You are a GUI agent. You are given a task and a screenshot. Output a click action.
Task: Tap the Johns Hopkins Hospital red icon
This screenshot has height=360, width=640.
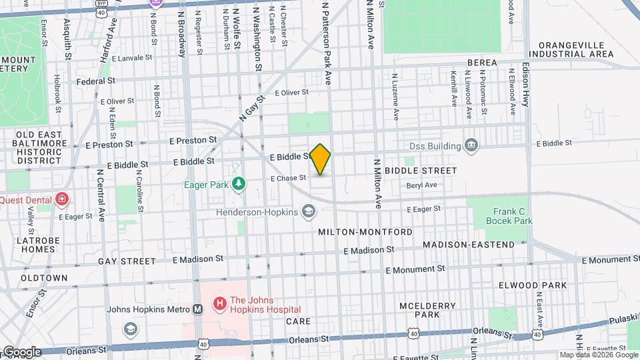tap(219, 305)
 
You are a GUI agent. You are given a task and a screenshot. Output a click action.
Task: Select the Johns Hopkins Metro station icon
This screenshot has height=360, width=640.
tap(197, 309)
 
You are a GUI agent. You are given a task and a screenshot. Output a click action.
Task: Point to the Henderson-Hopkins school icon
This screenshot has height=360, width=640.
tap(308, 213)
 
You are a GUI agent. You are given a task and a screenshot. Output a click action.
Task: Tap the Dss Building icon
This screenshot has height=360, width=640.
tap(471, 145)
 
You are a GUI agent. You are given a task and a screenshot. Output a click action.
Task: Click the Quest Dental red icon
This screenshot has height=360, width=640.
tap(62, 199)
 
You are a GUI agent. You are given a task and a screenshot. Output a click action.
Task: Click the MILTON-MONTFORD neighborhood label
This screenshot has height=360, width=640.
tap(365, 231)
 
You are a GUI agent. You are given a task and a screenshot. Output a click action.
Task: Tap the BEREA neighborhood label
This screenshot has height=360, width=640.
tap(482, 63)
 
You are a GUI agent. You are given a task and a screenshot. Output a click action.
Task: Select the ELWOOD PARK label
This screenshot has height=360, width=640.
tap(533, 285)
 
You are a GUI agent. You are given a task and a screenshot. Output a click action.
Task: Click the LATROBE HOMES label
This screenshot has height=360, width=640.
tap(28, 245)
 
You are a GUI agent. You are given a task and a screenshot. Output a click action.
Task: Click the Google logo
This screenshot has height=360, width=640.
tap(22, 351)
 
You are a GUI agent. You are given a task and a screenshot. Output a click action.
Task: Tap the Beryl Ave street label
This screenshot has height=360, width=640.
tap(421, 185)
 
